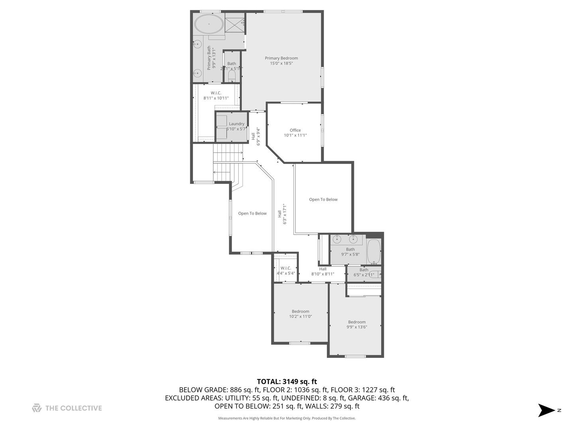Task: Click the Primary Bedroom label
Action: pos(281,58)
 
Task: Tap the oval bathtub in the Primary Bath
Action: pos(208,24)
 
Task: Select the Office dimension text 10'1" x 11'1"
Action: pos(295,135)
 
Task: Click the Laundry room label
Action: pos(236,124)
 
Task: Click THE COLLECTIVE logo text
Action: pos(73,408)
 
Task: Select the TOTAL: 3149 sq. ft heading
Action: pos(287,381)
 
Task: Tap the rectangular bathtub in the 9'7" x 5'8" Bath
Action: pos(373,251)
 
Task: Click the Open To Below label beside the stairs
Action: pos(252,213)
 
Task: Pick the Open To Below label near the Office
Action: pos(323,199)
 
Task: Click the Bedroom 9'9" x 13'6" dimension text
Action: pos(357,327)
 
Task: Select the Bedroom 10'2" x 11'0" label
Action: pos(300,311)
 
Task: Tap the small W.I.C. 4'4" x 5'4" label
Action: pos(285,268)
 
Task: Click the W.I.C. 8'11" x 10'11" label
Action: pos(216,93)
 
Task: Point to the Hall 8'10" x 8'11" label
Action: pos(322,269)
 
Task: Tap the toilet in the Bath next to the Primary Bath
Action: pos(232,76)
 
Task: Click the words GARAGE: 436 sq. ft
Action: pos(378,398)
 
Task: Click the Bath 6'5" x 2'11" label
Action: pos(364,270)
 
